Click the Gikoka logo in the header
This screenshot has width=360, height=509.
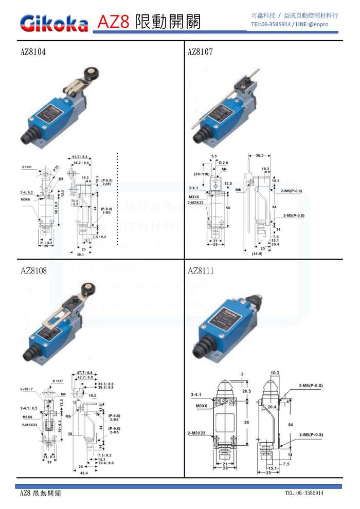point(53,22)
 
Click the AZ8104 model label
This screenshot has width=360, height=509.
point(33,52)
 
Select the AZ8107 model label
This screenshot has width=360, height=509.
point(200,52)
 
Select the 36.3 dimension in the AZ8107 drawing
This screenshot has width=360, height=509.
point(260,155)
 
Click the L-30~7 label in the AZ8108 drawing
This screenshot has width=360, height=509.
point(29,388)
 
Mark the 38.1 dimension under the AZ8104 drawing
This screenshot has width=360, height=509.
point(80,254)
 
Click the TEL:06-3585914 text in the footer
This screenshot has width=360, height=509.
point(304,493)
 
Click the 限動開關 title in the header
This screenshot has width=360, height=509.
point(168,22)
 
